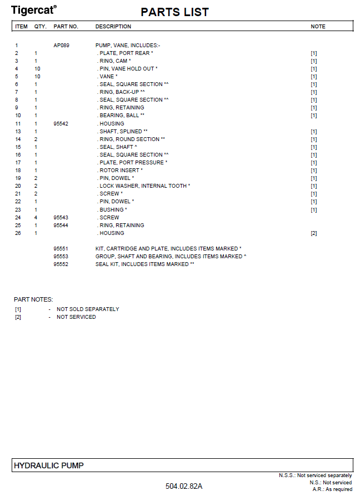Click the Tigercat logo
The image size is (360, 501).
33,9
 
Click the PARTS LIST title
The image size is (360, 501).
174,12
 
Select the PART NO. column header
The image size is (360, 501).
66,27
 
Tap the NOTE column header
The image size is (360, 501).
318,27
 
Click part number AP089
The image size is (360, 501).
61,45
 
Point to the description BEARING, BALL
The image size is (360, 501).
121,116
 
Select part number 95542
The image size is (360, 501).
61,123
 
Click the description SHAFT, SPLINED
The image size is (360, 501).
122,132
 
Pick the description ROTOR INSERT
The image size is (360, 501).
120,171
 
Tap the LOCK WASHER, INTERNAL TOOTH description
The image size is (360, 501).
144,186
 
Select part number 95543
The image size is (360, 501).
61,218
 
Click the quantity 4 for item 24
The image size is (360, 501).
36,218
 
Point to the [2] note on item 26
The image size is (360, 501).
314,233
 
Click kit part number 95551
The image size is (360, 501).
61,249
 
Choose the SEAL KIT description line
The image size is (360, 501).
144,264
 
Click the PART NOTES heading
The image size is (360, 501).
33,299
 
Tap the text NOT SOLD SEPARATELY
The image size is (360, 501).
88,309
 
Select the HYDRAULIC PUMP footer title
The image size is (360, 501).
48,465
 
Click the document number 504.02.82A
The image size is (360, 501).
184,487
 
